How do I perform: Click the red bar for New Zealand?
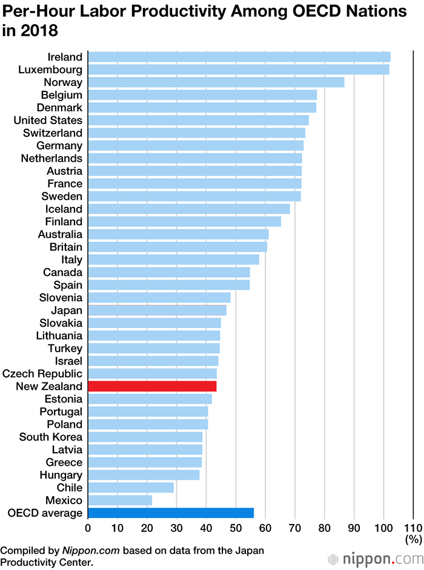coord(152,386)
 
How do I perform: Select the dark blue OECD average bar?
coord(171,513)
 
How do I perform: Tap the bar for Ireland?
coord(239,57)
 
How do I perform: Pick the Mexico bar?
coord(120,500)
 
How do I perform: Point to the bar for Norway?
coord(216,82)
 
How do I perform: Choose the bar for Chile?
coord(131,488)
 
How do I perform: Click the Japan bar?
coord(157,310)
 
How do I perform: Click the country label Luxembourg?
coord(49,70)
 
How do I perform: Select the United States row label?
coord(48,120)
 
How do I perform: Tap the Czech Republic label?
coord(42,373)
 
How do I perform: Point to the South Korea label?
coord(51,437)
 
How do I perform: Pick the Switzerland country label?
coord(53,133)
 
